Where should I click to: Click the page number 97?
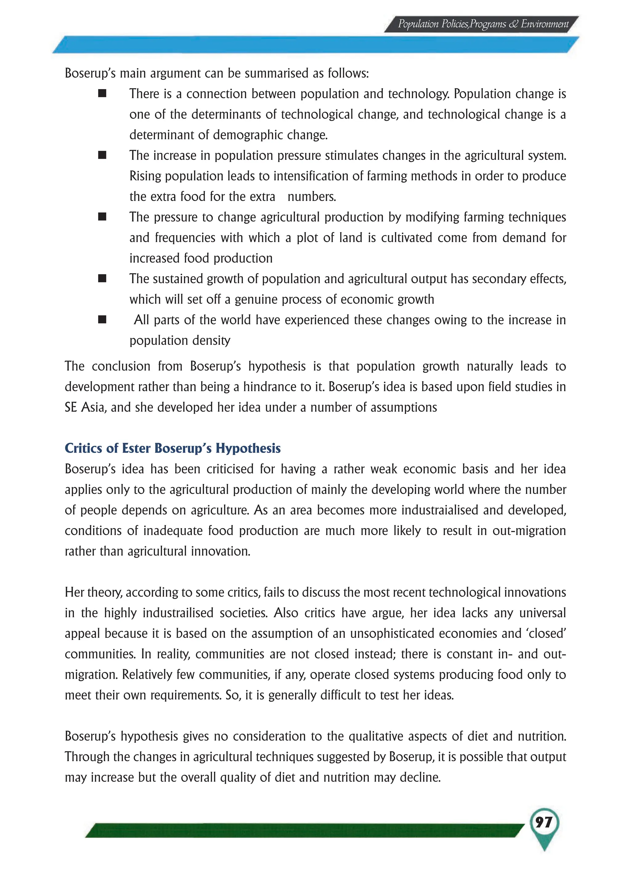pyautogui.click(x=543, y=823)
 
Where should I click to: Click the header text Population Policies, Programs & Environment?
pyautogui.click(x=483, y=24)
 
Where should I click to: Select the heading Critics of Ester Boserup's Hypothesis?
pyautogui.click(x=173, y=448)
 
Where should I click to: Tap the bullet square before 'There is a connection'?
pyautogui.click(x=102, y=94)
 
